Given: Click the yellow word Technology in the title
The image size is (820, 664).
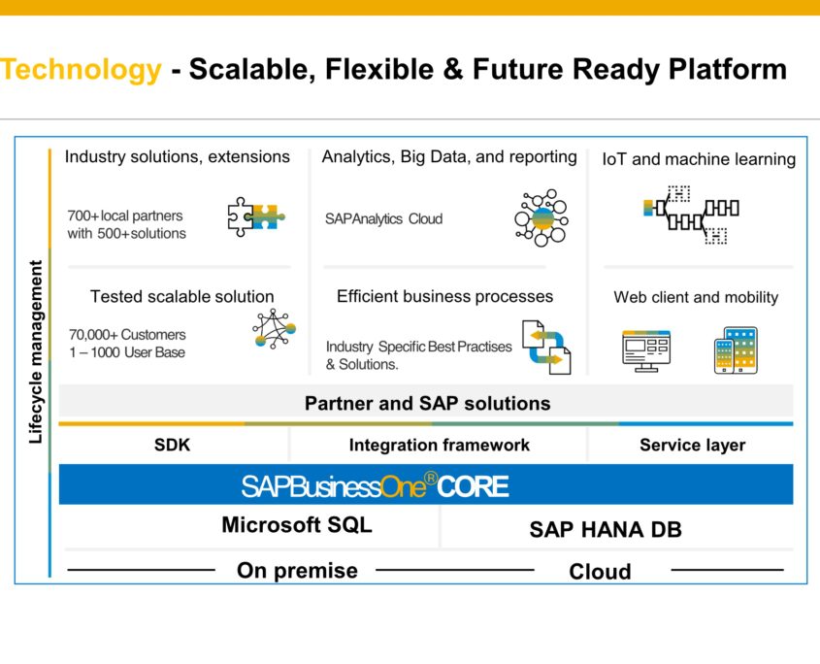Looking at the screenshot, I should point(81,70).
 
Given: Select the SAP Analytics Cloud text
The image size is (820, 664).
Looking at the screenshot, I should point(383,219).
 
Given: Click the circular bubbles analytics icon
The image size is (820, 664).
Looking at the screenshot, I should point(541,216).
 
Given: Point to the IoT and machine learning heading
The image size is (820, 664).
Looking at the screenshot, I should point(699,159).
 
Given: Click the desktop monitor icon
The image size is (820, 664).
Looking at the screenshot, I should point(645,350).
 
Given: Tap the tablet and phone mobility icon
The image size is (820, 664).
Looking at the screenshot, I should point(736,350).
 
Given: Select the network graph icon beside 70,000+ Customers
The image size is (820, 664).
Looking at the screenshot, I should point(273,331).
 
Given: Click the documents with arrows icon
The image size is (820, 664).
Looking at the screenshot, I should point(546,347).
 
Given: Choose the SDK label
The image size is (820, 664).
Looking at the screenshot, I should point(173,445).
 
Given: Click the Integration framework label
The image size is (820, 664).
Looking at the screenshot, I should point(439,445).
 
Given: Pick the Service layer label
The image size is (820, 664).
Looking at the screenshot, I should point(692,445).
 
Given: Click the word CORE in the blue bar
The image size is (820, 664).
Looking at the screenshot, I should point(473,485).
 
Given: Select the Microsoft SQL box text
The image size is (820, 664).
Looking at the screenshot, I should point(296,525).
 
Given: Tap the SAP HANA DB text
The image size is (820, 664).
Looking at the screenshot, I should point(606,529).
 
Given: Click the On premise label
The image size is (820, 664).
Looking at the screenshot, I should point(297,570).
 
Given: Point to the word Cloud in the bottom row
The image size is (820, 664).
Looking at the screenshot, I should point(600,571).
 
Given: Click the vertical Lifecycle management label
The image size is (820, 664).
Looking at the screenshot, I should point(36,351).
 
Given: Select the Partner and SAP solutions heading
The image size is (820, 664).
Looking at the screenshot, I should point(427,403).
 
